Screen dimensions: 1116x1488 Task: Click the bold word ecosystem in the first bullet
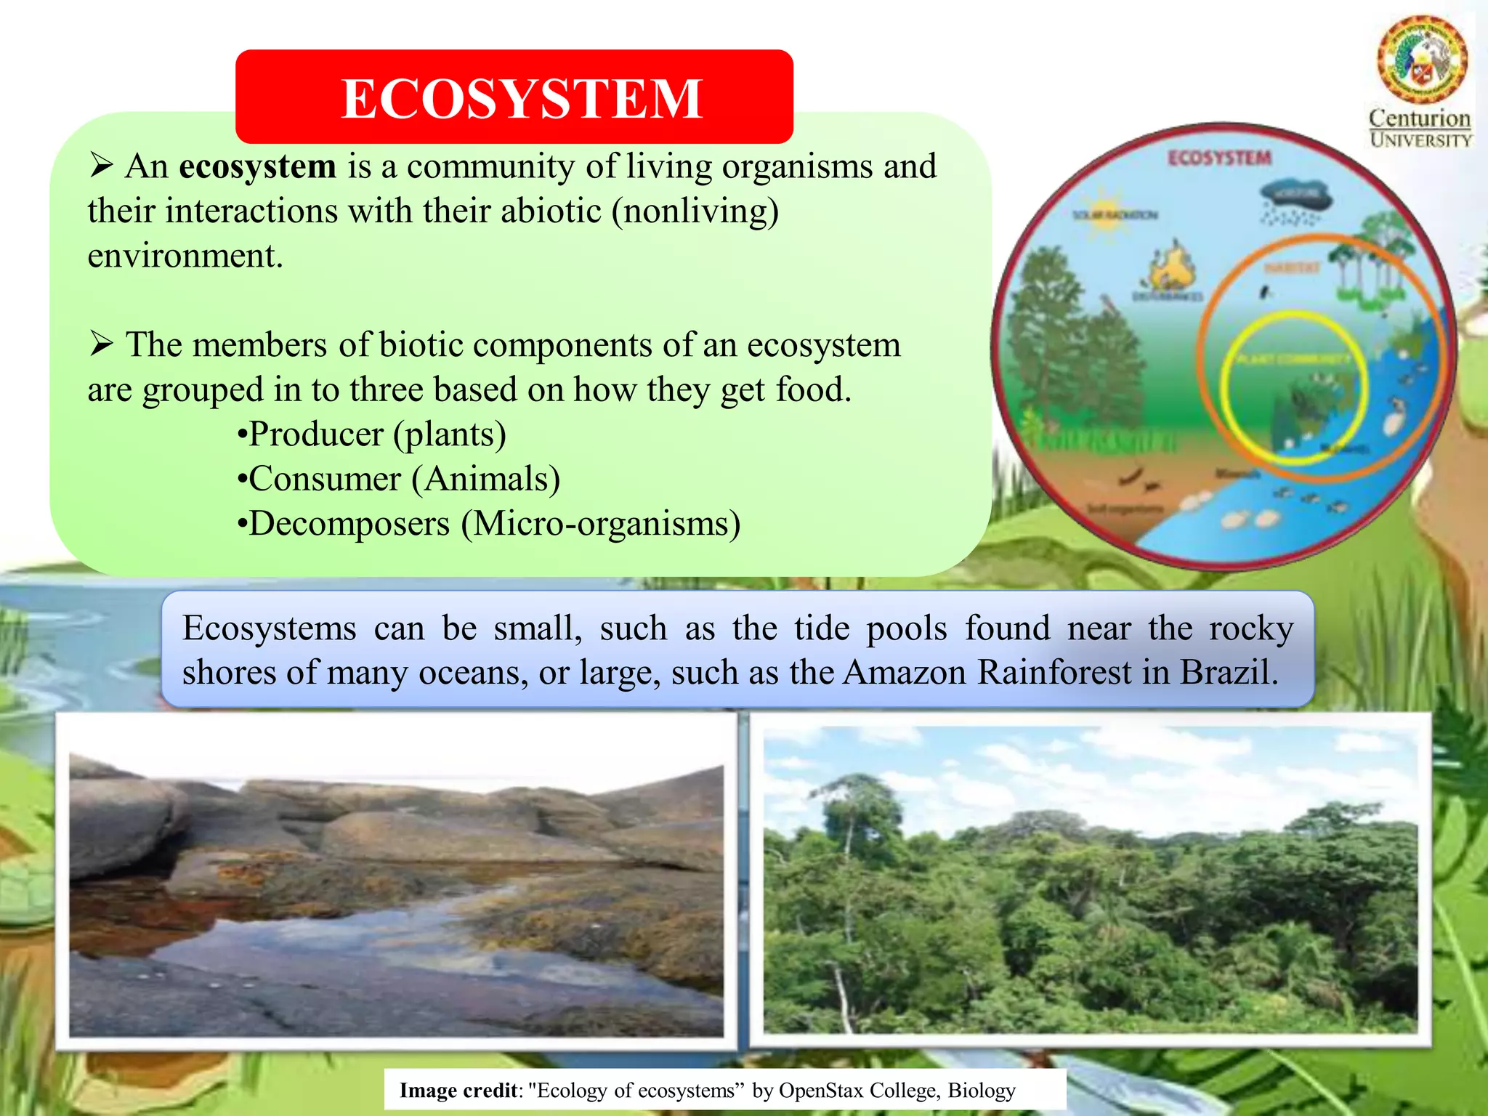(x=257, y=166)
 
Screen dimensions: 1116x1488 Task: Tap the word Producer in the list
(x=316, y=434)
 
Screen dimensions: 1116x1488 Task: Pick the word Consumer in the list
(x=325, y=480)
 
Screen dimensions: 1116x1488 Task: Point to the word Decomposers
(x=349, y=524)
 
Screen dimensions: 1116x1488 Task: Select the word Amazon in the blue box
(x=905, y=672)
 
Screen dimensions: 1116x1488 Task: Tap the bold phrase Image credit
(x=458, y=1090)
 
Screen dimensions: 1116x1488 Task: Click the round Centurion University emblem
(x=1421, y=60)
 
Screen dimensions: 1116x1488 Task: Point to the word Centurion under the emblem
(x=1419, y=118)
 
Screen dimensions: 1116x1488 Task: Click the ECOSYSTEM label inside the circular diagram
(x=1220, y=158)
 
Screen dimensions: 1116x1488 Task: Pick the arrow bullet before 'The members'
(x=101, y=344)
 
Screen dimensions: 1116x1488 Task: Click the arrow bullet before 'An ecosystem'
(x=101, y=166)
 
